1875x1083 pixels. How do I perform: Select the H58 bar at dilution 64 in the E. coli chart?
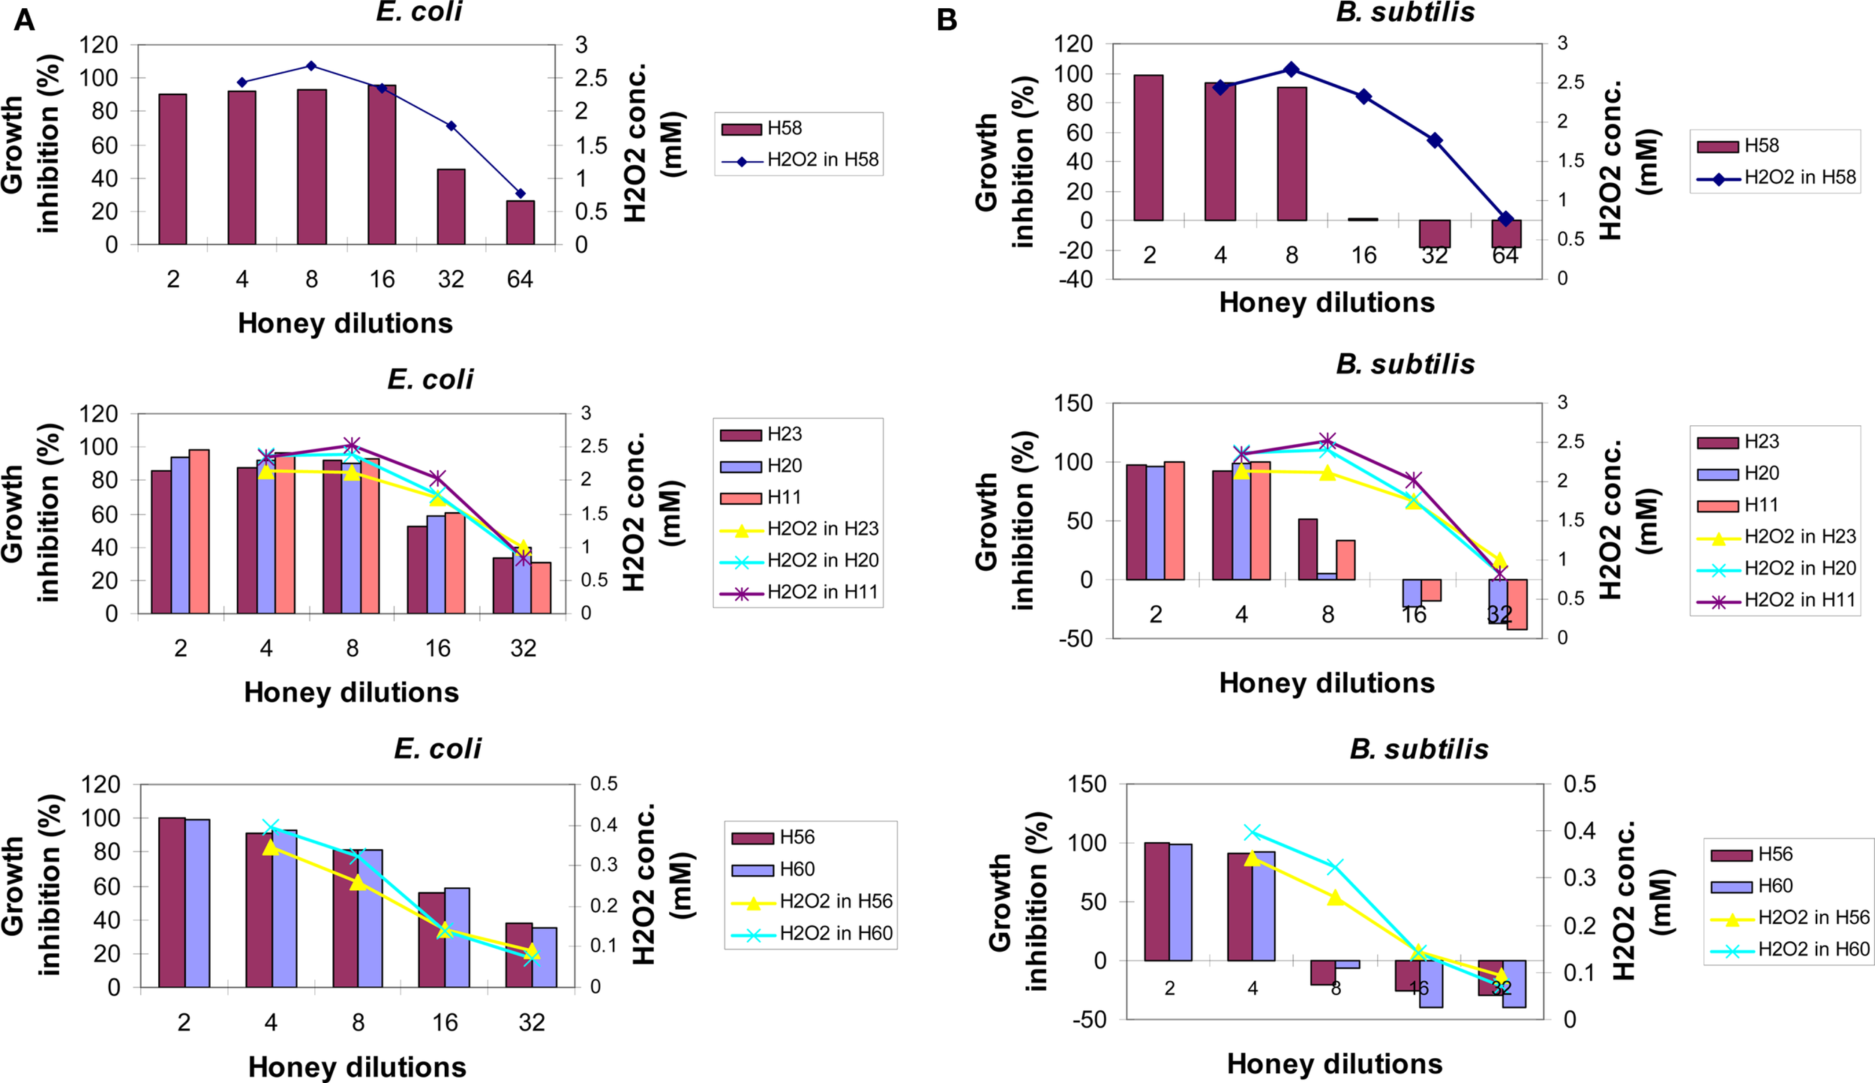point(520,222)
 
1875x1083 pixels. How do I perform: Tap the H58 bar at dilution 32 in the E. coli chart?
point(451,206)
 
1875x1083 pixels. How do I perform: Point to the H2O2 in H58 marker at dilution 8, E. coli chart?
point(311,66)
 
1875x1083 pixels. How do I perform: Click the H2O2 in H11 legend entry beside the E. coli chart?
point(799,592)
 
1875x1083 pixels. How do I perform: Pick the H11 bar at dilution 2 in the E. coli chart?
point(199,531)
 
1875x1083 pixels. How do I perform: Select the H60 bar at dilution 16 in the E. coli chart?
point(457,937)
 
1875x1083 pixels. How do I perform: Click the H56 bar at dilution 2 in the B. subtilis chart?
point(1156,901)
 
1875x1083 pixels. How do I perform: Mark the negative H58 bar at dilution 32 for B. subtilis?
point(1435,234)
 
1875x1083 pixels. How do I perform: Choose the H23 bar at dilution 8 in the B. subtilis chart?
point(1307,549)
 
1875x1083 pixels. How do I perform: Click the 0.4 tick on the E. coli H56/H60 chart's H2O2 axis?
point(603,825)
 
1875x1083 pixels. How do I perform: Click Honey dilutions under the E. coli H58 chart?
point(345,323)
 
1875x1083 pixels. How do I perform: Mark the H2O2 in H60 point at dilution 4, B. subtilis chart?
point(1252,832)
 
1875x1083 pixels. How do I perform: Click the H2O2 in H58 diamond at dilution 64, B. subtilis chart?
point(1505,219)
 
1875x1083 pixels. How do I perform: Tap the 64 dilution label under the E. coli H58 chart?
point(520,280)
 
